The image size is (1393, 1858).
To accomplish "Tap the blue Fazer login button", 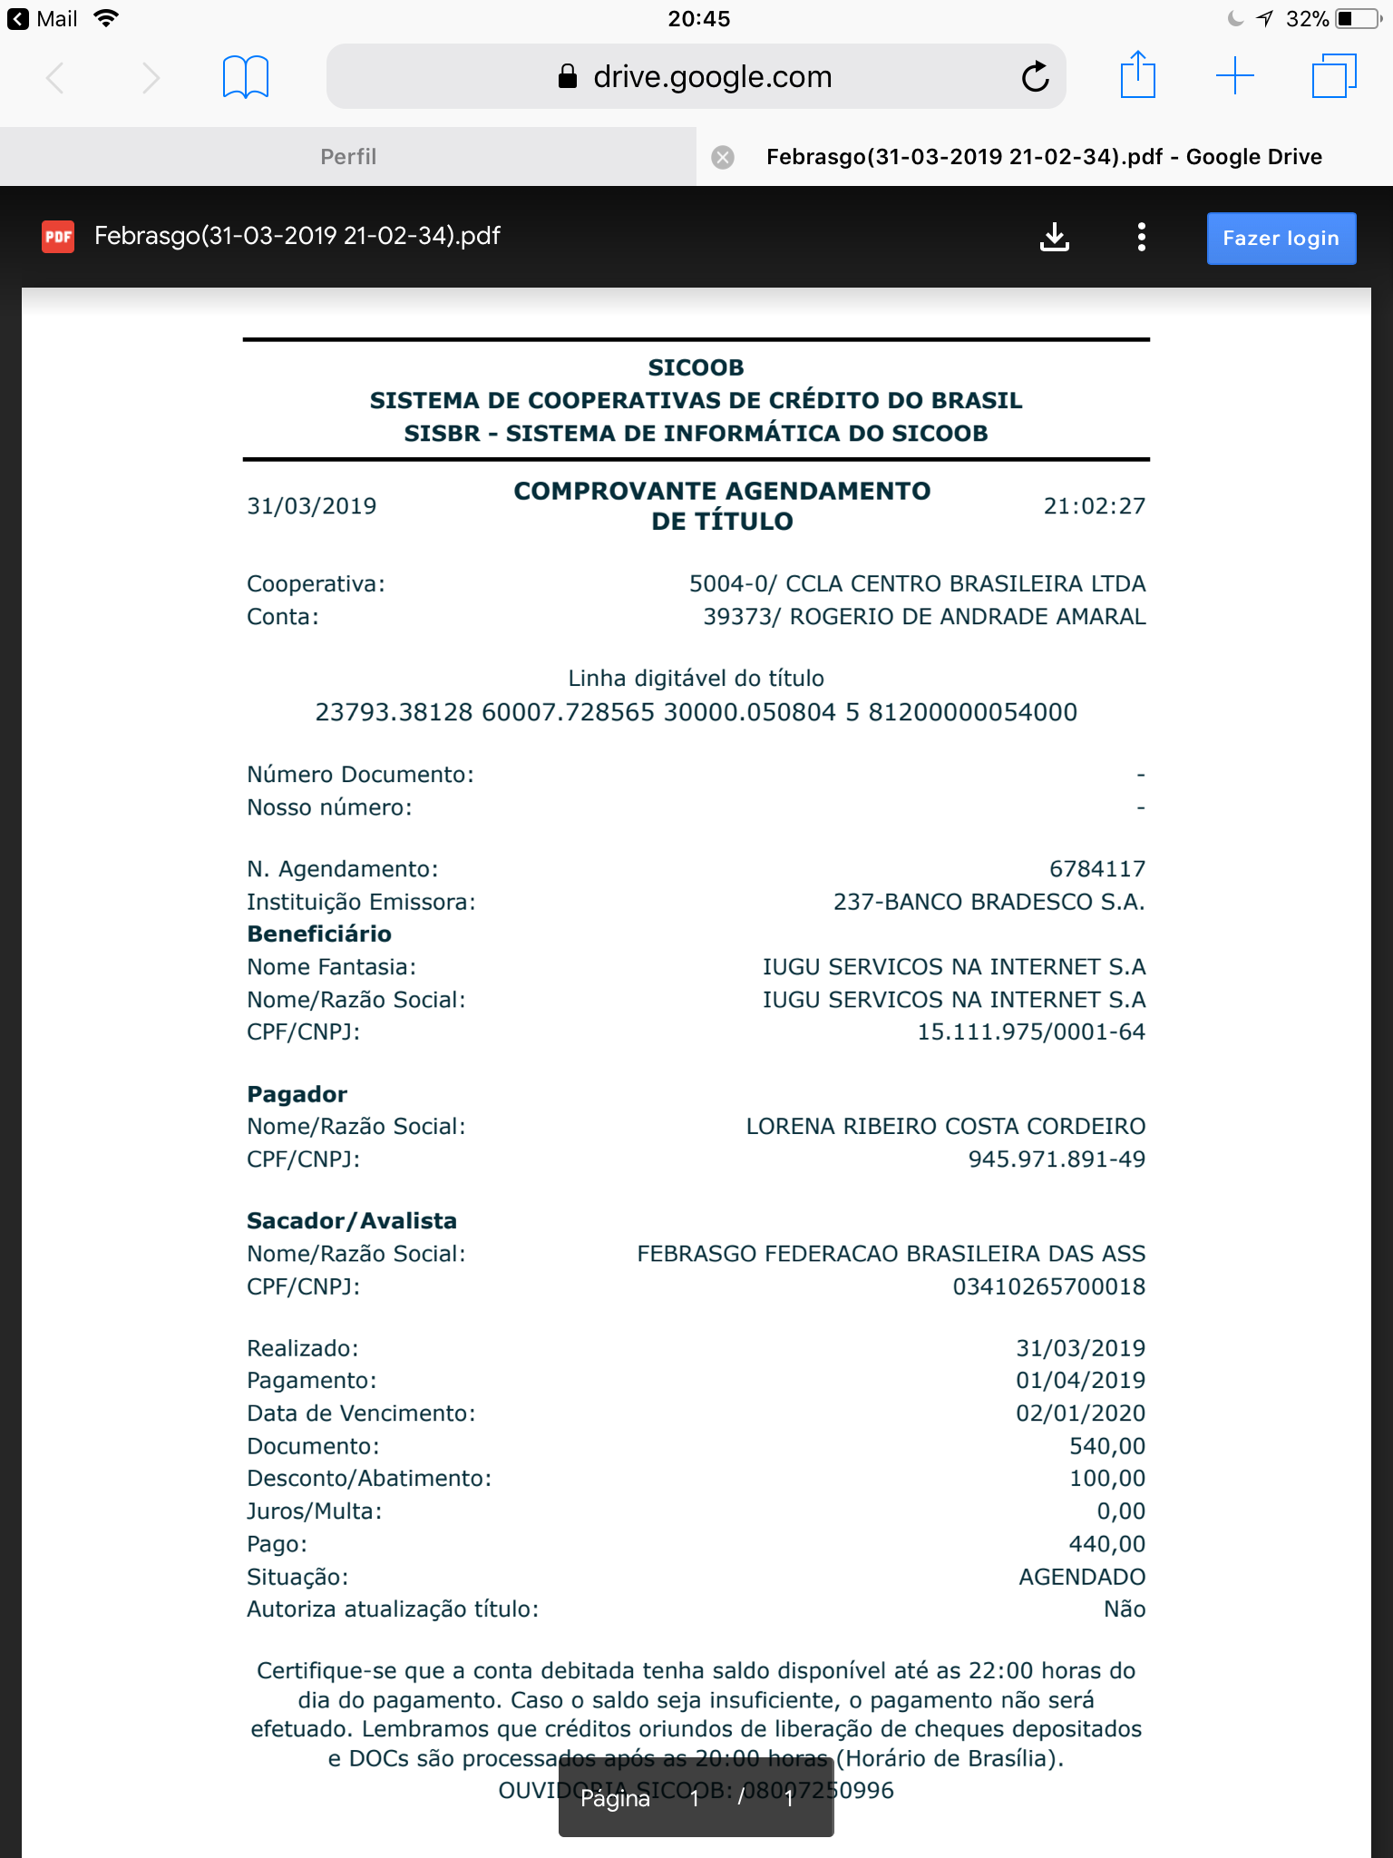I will coord(1281,239).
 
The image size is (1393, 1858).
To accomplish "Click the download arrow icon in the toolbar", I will coord(1054,238).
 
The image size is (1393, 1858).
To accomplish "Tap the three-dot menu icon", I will coord(1141,238).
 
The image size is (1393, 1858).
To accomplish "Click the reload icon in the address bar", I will coord(1035,77).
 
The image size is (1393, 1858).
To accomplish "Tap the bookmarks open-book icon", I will coord(245,77).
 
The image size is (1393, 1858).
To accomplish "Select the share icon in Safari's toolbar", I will coord(1137,75).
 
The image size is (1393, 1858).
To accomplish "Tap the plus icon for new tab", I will coord(1234,76).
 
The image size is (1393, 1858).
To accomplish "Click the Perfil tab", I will coord(348,157).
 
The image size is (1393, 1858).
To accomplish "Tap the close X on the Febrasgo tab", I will coord(723,158).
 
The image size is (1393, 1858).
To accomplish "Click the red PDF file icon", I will coord(58,237).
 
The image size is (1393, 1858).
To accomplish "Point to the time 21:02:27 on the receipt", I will coord(1094,506).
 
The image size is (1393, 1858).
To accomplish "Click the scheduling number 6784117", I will coord(1096,869).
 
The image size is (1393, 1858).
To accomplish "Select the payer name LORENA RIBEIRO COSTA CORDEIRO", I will coord(945,1127).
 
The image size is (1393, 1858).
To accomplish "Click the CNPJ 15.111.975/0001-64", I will coord(1030,1032).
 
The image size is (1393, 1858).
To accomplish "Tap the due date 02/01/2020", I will coord(1079,1413).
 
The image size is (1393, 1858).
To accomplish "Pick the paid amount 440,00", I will coord(1106,1544).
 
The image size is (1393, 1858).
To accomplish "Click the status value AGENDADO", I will coord(1081,1577).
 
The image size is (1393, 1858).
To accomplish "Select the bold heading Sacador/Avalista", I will coord(352,1221).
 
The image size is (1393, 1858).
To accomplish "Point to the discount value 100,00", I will coord(1106,1479).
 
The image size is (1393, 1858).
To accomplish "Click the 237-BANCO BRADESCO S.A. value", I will coord(989,902).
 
